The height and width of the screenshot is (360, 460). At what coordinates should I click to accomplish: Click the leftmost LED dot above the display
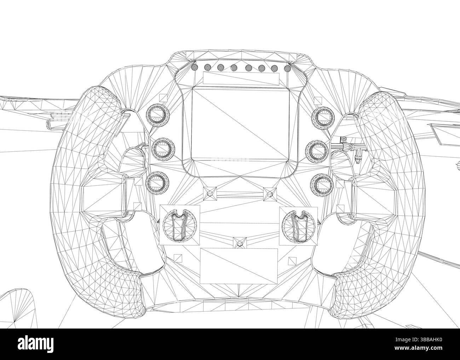194,66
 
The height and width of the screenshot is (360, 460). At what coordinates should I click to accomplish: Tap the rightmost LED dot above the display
287,68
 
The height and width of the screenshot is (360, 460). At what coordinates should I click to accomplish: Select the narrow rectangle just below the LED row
241,78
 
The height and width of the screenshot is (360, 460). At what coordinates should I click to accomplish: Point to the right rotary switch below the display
298,225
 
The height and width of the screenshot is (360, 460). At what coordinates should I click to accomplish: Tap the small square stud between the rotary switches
240,242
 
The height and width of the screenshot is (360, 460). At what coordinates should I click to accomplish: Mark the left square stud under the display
209,192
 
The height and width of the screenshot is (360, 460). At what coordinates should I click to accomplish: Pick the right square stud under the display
270,192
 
